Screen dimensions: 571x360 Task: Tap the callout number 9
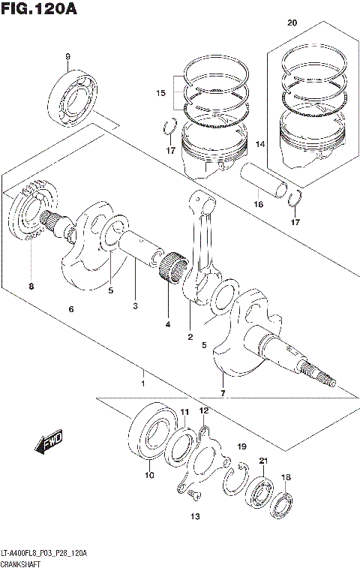coord(67,57)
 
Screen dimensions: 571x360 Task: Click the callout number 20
coord(292,23)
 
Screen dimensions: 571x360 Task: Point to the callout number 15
coord(159,93)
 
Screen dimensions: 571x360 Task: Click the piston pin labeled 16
coord(268,183)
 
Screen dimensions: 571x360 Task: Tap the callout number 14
coord(261,143)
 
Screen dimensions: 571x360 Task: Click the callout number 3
coord(135,305)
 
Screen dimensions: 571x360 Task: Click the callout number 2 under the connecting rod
coord(190,337)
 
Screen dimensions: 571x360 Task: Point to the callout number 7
coord(222,393)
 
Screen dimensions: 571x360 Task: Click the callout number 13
coord(195,516)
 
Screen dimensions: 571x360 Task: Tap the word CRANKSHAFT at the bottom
coord(20,563)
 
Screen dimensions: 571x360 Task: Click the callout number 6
coord(71,310)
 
